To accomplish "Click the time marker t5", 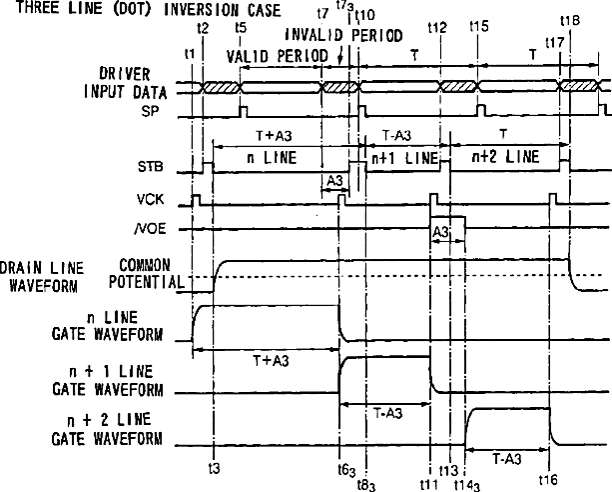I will point(241,56).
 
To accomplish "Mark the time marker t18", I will point(570,20).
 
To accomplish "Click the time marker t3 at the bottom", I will point(213,468).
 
